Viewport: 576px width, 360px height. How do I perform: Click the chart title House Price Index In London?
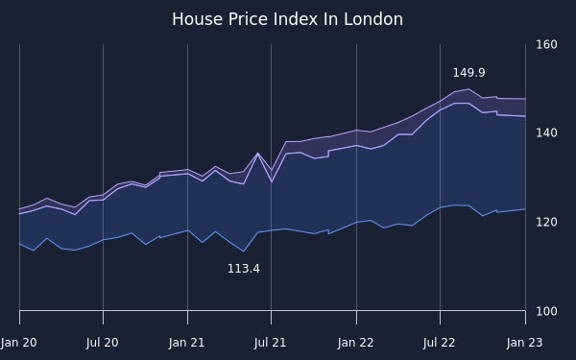[288, 19]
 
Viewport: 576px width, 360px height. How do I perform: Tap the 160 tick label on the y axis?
[546, 45]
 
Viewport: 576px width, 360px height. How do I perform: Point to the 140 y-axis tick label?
[546, 133]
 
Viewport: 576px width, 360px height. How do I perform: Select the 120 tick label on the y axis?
[546, 223]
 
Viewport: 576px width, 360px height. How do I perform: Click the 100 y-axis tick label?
[546, 311]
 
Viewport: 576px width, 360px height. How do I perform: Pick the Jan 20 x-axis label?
[19, 343]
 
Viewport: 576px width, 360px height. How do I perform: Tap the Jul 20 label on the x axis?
[102, 343]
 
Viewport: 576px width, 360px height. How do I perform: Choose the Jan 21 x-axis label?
[186, 343]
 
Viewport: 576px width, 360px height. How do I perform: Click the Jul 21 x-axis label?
[270, 343]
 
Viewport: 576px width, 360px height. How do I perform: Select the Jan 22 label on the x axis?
[355, 343]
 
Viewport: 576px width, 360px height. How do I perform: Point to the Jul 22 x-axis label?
[439, 343]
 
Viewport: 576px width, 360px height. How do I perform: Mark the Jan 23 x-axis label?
[524, 343]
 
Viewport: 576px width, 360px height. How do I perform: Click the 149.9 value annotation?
[468, 73]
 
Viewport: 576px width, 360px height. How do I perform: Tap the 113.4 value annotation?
[244, 269]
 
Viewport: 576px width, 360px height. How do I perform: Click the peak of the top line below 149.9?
[468, 89]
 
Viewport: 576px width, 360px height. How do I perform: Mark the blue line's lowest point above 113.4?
[243, 252]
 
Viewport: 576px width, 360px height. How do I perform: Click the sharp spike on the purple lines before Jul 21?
[257, 153]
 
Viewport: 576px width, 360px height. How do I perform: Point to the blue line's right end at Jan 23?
[525, 209]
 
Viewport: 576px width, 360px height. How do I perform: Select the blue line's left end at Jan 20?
[19, 244]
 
